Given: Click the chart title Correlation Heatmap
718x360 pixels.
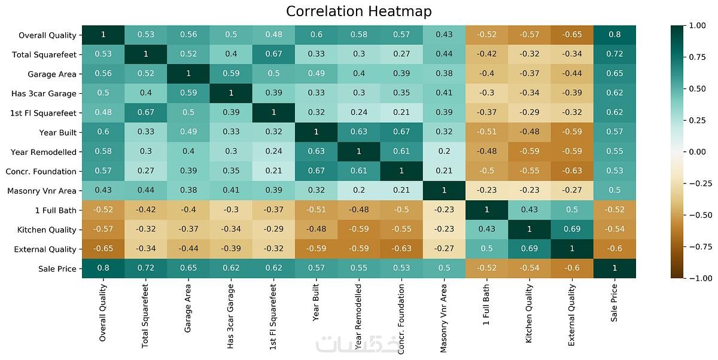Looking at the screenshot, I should point(358,11).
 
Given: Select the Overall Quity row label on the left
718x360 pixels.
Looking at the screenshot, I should point(47,35).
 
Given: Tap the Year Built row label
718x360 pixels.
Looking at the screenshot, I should point(59,132).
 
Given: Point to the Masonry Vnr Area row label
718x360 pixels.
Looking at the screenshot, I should point(42,191).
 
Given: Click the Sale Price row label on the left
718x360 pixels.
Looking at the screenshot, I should point(57,269).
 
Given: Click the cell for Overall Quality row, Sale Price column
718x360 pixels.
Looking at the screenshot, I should point(614,35).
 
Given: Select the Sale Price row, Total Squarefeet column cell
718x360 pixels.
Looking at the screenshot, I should point(145,269).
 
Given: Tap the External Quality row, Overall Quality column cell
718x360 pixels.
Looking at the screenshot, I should point(103,249).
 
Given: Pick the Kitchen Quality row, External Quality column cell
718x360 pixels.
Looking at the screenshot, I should point(572,230).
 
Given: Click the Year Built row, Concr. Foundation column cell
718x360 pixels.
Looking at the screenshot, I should point(401,132).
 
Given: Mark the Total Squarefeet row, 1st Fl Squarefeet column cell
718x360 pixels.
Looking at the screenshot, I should point(273,54).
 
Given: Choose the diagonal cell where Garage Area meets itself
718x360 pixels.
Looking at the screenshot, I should point(188,74).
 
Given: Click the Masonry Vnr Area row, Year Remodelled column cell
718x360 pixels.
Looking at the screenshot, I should point(358,191).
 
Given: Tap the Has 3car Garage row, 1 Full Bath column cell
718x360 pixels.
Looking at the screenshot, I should point(486,93).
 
